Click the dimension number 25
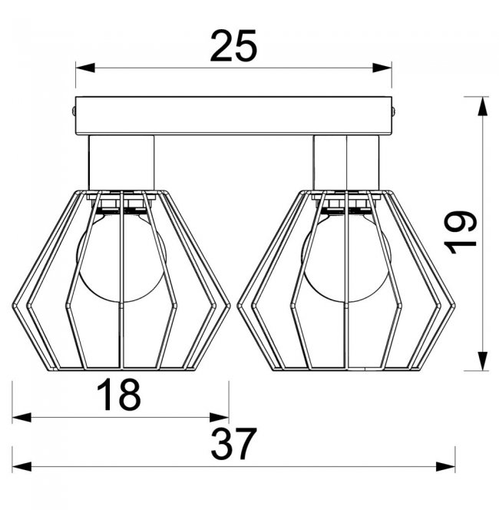pos(233,46)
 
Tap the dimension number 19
pos(460,232)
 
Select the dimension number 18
pos(119,395)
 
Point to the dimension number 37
pos(233,444)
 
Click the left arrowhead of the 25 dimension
pos(85,68)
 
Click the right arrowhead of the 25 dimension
pos(382,68)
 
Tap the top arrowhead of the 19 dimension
pos(483,106)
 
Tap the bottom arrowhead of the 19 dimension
pos(483,361)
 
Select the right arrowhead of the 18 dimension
pos(219,418)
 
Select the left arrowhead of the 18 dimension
pos(22,418)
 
